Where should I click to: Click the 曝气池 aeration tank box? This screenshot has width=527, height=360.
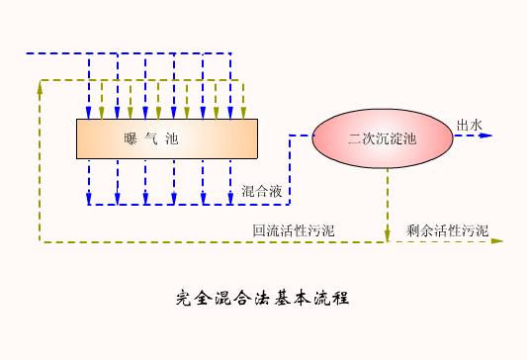coord(167,138)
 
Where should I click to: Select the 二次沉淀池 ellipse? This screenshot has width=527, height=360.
coord(383,137)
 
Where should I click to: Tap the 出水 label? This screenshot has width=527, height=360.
coord(468,125)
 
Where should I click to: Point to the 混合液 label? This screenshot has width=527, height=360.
coord(260,190)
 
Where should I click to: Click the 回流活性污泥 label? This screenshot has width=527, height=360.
coord(294,231)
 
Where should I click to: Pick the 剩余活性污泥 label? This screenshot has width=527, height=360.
coord(448,231)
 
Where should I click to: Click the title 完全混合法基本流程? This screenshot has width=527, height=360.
coord(262,297)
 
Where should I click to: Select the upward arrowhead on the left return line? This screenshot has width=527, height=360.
coord(40,87)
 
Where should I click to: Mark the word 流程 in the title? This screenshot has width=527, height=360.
coord(331,297)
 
